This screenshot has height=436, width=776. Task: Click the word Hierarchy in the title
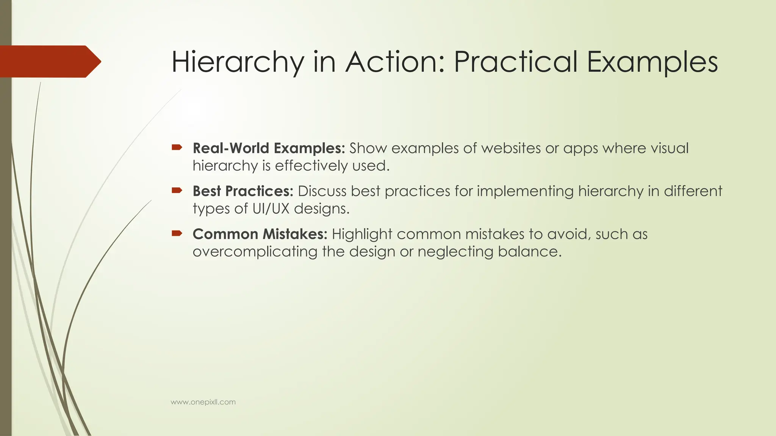(x=238, y=62)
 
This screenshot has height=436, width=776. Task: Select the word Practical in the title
(x=515, y=62)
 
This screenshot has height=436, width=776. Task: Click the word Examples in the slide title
(x=652, y=62)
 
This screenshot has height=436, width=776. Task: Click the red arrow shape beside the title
(x=49, y=61)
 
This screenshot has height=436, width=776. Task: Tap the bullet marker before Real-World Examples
(x=177, y=147)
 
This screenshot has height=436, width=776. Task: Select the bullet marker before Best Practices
(x=177, y=190)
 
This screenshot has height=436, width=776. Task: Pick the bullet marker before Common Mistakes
(x=177, y=233)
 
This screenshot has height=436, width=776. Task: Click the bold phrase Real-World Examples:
(x=269, y=148)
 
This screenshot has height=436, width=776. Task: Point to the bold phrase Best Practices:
(x=243, y=191)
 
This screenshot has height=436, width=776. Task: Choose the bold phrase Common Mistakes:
(x=260, y=234)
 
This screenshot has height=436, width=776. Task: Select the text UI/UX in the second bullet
(x=271, y=209)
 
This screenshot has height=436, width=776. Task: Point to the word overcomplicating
(x=255, y=252)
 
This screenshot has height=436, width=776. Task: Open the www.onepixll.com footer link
(x=203, y=402)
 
